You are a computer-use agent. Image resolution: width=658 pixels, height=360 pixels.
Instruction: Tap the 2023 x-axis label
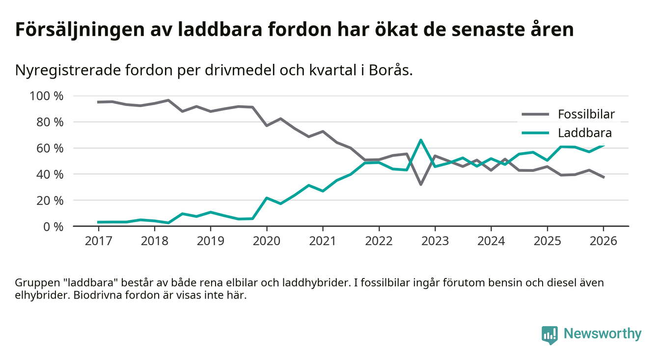point(435,241)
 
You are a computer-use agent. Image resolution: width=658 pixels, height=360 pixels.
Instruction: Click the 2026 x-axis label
point(603,241)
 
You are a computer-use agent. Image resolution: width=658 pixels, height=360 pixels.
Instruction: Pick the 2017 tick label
point(98,241)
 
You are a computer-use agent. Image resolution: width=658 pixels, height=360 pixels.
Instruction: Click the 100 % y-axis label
point(47,96)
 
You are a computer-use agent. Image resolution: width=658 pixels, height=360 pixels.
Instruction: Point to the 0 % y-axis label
point(52,226)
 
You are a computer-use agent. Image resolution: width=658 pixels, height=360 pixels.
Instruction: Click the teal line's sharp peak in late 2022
point(421,140)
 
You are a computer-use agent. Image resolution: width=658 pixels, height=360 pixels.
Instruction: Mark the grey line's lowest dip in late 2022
point(421,184)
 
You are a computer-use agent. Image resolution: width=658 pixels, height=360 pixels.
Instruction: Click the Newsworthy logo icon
point(549,334)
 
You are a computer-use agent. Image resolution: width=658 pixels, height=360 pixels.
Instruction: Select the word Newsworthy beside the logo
point(603,334)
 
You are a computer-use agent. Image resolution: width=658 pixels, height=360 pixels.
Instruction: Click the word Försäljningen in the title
point(69,29)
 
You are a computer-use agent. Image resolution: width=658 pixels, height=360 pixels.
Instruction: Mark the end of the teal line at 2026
point(603,145)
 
